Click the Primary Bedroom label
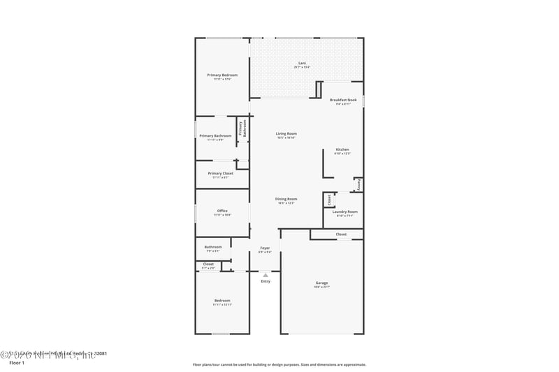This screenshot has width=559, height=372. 222,75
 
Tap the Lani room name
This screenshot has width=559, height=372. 302,64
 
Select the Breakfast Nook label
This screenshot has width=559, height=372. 343,100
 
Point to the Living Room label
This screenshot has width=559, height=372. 286,133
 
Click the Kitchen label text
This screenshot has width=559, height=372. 342,149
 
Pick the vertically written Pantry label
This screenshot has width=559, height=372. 358,185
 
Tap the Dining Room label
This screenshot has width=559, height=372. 286,199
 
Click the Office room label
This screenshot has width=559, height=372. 222,211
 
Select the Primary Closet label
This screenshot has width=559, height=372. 220,173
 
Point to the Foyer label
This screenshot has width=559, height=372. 265,248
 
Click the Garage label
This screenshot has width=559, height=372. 321,283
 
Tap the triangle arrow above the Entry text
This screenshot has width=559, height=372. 265,275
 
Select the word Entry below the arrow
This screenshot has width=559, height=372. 265,281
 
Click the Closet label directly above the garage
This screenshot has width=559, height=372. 341,235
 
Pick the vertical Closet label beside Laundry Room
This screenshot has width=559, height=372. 328,200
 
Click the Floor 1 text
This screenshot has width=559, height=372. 17,363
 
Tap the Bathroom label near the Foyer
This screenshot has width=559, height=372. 213,246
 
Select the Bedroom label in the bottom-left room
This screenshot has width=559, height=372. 222,301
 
